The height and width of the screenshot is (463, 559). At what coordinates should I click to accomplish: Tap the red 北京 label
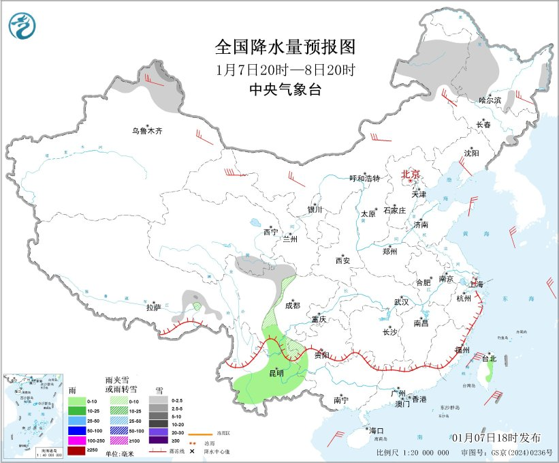tap(411, 175)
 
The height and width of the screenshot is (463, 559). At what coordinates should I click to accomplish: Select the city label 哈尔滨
tap(489, 100)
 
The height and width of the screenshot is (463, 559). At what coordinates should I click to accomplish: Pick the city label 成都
tap(292, 305)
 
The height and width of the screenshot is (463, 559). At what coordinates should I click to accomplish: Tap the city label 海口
tap(377, 431)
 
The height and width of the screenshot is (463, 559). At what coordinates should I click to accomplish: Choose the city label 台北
tap(489, 357)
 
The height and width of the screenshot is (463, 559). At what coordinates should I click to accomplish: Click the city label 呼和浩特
tap(364, 178)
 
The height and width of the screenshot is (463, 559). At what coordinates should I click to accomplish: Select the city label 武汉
tap(401, 301)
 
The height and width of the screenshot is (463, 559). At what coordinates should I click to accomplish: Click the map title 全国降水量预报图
tap(285, 47)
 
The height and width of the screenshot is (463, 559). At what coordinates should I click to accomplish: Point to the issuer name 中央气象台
tap(285, 89)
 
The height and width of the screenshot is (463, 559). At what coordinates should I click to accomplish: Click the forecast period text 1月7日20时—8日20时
tap(285, 69)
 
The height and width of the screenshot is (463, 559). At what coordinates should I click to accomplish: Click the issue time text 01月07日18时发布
tap(496, 437)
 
